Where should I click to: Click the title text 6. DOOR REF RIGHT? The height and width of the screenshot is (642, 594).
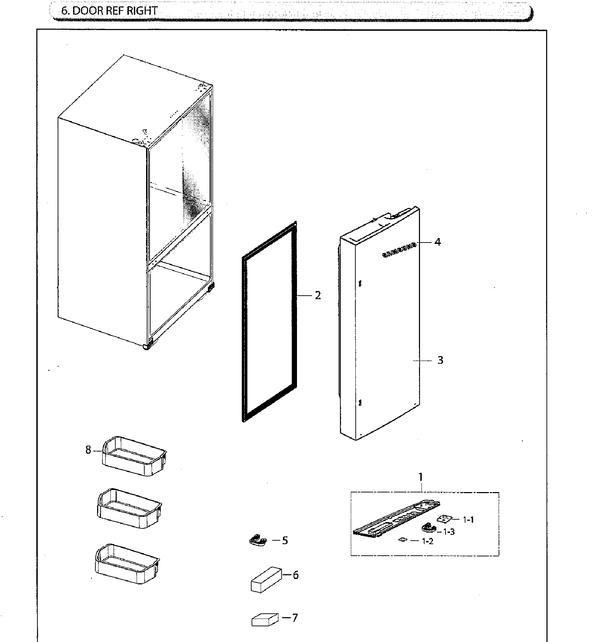point(109,11)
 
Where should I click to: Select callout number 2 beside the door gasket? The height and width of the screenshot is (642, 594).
point(317,296)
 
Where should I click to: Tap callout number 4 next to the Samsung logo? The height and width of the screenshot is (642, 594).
point(437,242)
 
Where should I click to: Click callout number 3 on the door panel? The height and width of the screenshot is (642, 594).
point(440,360)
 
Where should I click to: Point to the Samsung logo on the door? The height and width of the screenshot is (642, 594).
point(399,250)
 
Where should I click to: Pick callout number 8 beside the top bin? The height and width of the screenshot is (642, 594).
point(88,450)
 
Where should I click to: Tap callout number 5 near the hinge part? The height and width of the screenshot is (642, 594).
point(285,541)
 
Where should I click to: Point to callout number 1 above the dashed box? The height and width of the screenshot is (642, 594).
point(421,477)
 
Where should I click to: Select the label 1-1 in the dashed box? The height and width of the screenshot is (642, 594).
point(468,520)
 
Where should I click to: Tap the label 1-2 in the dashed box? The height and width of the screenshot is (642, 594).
point(428,541)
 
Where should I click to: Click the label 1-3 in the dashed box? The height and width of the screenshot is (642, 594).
point(449,532)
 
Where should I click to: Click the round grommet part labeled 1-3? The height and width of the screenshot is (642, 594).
point(428,527)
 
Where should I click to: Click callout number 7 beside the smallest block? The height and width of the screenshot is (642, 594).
point(295,618)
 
